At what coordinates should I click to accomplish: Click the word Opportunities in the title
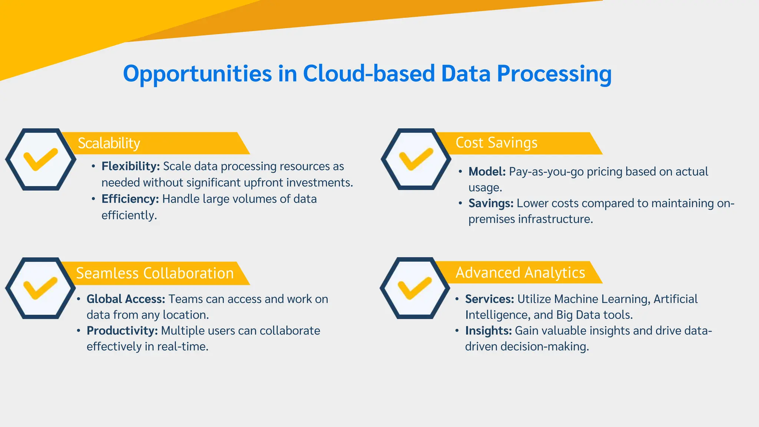tap(197, 74)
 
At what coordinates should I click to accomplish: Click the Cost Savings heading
tap(496, 143)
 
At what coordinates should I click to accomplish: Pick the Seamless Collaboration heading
tap(155, 274)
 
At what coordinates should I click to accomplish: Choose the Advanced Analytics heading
tap(520, 273)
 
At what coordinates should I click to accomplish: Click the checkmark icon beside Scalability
tap(40, 159)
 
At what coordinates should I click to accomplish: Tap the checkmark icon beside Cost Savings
tap(416, 159)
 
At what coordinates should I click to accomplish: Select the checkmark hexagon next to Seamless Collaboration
tap(40, 288)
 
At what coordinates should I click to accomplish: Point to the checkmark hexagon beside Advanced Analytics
tap(415, 288)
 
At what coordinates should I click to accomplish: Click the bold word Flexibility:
tap(130, 166)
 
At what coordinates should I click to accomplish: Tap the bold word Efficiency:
tap(130, 199)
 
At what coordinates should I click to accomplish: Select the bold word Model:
tap(487, 172)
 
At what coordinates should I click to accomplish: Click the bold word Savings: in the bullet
tap(491, 203)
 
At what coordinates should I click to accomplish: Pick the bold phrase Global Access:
tap(126, 299)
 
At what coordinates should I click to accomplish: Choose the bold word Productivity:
tap(122, 331)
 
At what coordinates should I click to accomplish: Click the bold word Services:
tap(489, 299)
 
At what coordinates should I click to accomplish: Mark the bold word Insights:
tap(488, 331)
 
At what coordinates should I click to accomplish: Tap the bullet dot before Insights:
tap(457, 330)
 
